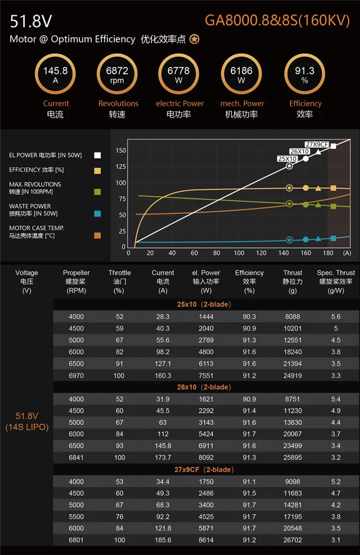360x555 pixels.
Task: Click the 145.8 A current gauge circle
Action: pyautogui.click(x=55, y=74)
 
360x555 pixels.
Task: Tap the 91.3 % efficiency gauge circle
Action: pyautogui.click(x=304, y=74)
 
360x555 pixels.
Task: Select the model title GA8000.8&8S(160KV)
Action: pyautogui.click(x=277, y=20)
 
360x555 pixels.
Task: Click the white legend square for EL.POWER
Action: pyautogui.click(x=97, y=155)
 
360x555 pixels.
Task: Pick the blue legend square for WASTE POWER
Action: pyautogui.click(x=97, y=213)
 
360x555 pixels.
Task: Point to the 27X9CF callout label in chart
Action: pyautogui.click(x=317, y=145)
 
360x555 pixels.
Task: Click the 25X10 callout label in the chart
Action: pyautogui.click(x=288, y=159)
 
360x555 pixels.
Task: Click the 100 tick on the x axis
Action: pyautogui.click(x=239, y=253)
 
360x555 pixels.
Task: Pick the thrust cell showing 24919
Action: pyautogui.click(x=293, y=375)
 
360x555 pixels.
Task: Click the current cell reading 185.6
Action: pyautogui.click(x=163, y=540)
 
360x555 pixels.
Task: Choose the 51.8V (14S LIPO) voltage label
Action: pyautogui.click(x=27, y=422)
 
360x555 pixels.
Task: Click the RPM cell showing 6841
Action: pyautogui.click(x=76, y=458)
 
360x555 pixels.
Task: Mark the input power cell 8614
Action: pyautogui.click(x=206, y=540)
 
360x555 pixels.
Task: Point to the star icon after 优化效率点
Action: pyautogui.click(x=194, y=39)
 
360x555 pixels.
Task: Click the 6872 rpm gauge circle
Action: pyautogui.click(x=117, y=74)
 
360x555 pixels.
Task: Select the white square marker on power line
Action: pyautogui.click(x=334, y=146)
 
